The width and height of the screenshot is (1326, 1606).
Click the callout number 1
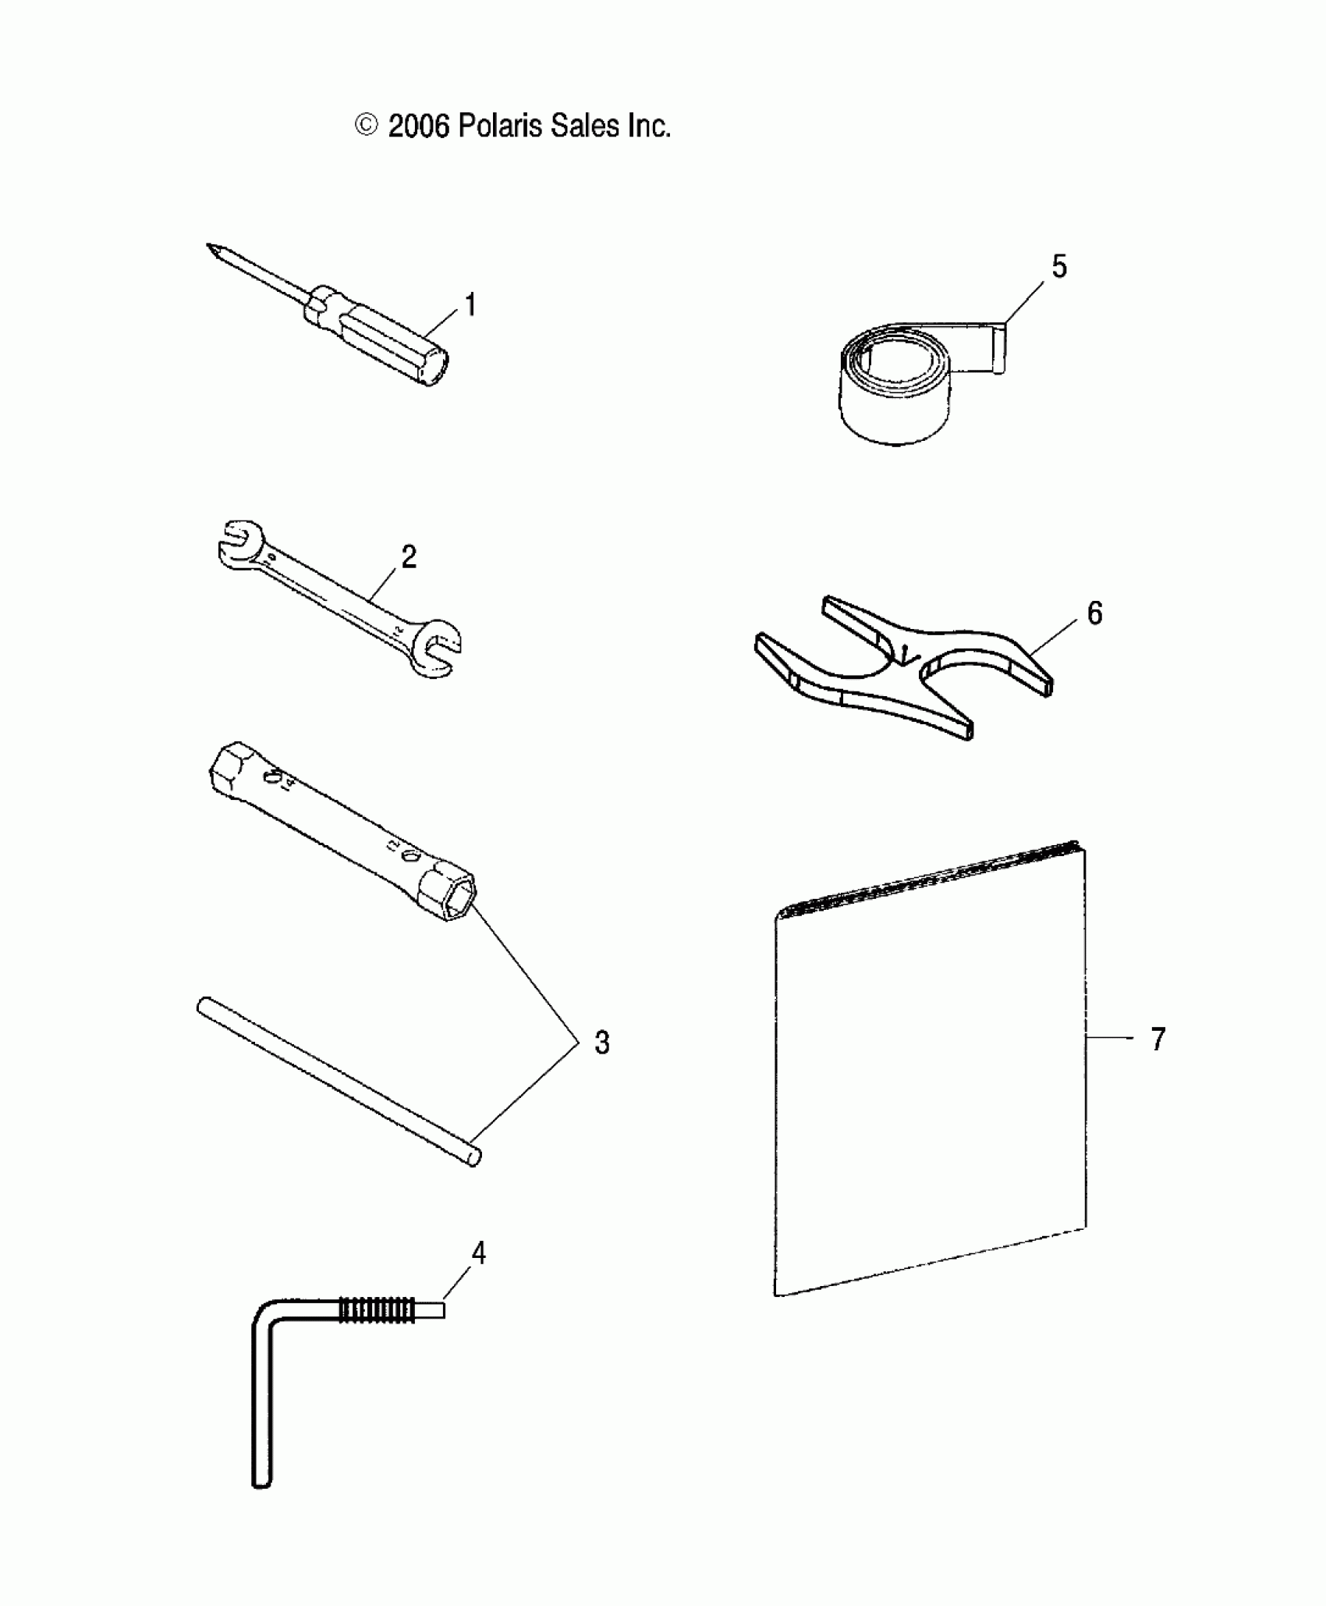pos(470,305)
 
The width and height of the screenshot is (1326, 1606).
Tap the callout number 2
pos(409,557)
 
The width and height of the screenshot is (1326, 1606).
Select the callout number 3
pos(601,1042)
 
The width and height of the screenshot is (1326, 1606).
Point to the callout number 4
pos(478,1253)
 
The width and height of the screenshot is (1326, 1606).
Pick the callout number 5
pos(1058,267)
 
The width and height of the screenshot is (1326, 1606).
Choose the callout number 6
pos(1095,614)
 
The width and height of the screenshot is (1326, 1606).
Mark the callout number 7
pos(1158,1039)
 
